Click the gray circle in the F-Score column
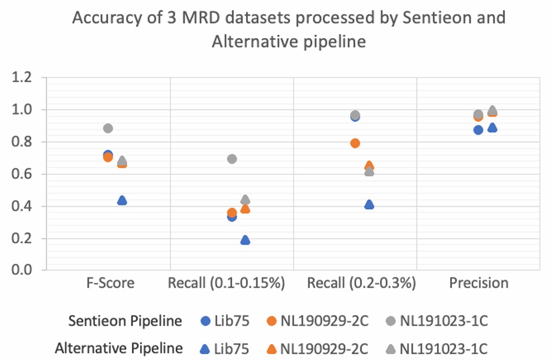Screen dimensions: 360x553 click(108, 128)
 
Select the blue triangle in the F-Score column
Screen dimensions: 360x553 click(122, 200)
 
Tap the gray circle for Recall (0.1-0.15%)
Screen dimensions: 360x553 click(232, 159)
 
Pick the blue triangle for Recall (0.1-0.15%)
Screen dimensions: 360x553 click(245, 241)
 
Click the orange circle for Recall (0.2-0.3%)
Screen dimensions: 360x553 click(355, 143)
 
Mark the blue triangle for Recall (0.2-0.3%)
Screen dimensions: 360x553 click(369, 205)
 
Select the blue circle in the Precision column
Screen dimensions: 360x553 click(478, 130)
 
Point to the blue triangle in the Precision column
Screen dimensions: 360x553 click(492, 128)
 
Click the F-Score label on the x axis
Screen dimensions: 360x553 click(110, 284)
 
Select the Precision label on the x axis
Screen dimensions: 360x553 click(479, 284)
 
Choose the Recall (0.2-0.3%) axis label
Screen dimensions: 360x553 click(362, 284)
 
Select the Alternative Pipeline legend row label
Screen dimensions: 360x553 click(119, 348)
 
